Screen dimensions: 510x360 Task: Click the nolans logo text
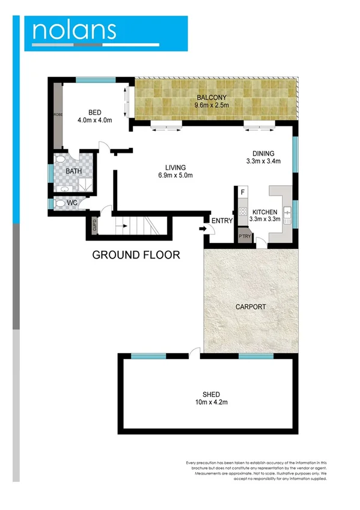pos(75,30)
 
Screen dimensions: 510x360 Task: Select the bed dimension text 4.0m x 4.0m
pos(94,120)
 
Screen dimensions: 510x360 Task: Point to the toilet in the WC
pos(59,204)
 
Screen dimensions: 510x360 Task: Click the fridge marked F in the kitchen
pos(243,192)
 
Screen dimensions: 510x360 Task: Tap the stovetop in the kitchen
pos(243,212)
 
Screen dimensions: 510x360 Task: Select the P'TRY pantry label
pos(245,236)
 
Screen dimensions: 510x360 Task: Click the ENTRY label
pos(222,221)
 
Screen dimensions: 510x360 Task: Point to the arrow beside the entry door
pos(201,229)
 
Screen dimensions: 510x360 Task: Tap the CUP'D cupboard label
pos(94,227)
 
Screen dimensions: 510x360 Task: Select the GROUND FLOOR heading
pos(136,255)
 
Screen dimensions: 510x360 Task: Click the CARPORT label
pos(250,307)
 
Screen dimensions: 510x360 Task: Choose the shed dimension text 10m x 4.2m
pos(211,402)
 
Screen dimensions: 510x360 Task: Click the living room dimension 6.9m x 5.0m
pos(175,176)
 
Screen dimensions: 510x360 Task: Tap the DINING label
pos(263,153)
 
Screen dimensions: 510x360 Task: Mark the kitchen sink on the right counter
pos(287,211)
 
